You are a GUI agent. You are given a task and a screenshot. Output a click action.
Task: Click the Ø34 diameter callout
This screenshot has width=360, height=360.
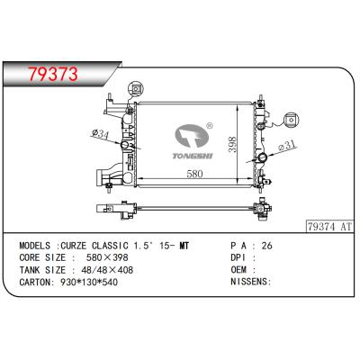coord(101,135)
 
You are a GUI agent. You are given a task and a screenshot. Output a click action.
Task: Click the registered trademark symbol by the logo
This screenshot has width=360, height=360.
coord(211,126)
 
